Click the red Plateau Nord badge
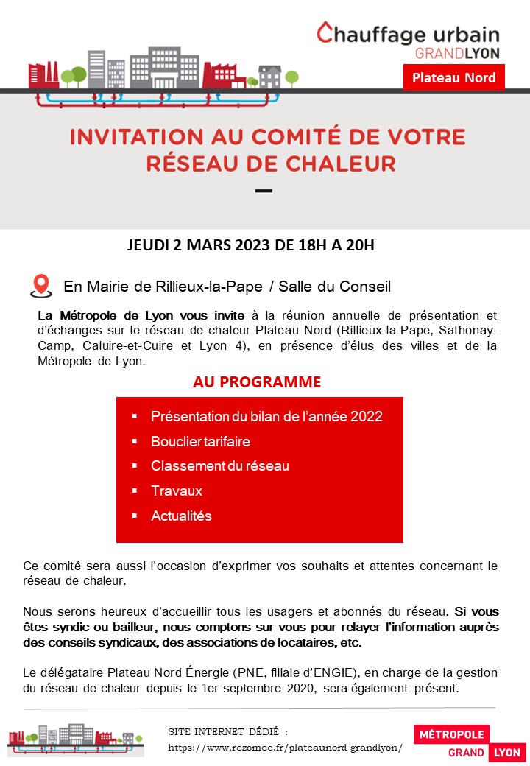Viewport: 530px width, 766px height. pyautogui.click(x=453, y=77)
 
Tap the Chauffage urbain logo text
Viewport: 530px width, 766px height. pyautogui.click(x=409, y=34)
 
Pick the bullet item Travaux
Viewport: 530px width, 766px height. pyautogui.click(x=177, y=491)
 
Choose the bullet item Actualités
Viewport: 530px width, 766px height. pyautogui.click(x=181, y=516)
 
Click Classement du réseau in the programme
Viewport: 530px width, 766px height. pyautogui.click(x=220, y=465)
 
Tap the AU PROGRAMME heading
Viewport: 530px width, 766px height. pyautogui.click(x=257, y=382)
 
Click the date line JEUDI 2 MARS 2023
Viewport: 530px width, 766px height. pyautogui.click(x=251, y=245)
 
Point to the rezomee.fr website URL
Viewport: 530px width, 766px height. pyautogui.click(x=286, y=747)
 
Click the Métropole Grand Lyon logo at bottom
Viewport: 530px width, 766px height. pyautogui.click(x=469, y=742)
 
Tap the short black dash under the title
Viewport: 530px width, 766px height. pyautogui.click(x=263, y=191)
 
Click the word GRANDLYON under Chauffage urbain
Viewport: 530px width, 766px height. pyautogui.click(x=457, y=53)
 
